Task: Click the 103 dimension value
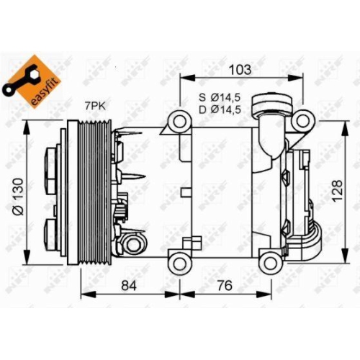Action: point(240,70)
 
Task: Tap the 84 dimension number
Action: point(128,286)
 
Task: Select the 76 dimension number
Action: point(225,286)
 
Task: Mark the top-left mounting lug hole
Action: point(177,121)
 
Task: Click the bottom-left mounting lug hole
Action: point(177,260)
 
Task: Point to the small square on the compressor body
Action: point(186,192)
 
